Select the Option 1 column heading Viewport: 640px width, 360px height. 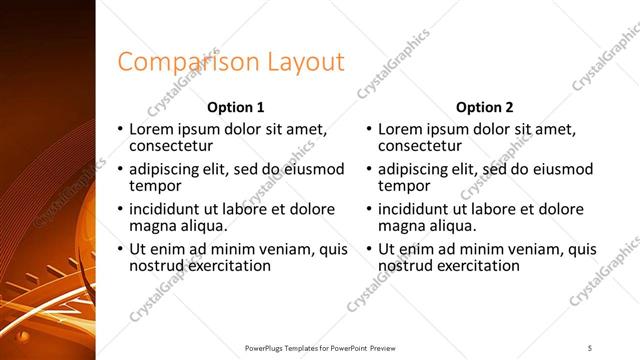(x=236, y=107)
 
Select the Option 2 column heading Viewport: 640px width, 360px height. (x=485, y=107)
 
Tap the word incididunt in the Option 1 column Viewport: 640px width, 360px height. (x=166, y=209)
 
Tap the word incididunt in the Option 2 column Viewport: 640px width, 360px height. (x=415, y=209)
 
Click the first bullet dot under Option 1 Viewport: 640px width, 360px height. (x=121, y=130)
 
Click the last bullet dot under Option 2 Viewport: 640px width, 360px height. (x=370, y=250)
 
